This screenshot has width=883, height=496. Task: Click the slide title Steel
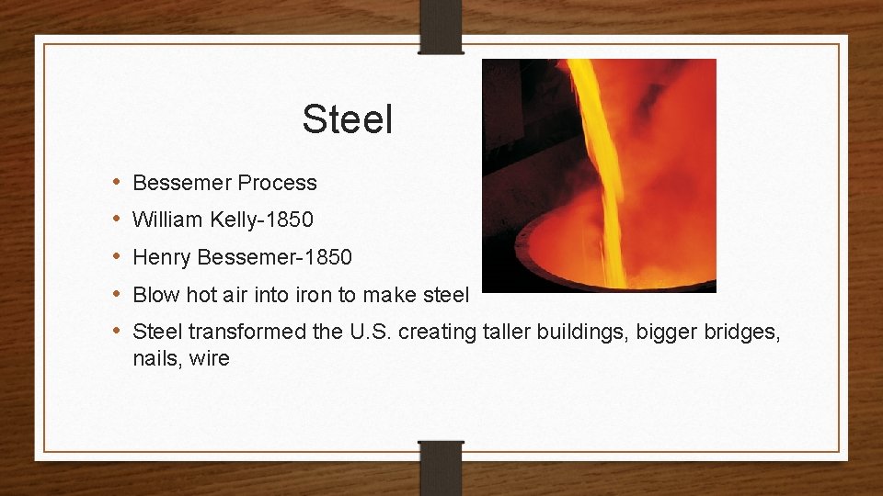[347, 119]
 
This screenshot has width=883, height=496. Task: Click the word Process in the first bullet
[277, 183]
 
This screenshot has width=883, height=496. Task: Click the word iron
[338, 296]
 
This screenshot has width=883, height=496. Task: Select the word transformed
[247, 332]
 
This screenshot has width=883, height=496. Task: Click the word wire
[210, 358]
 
